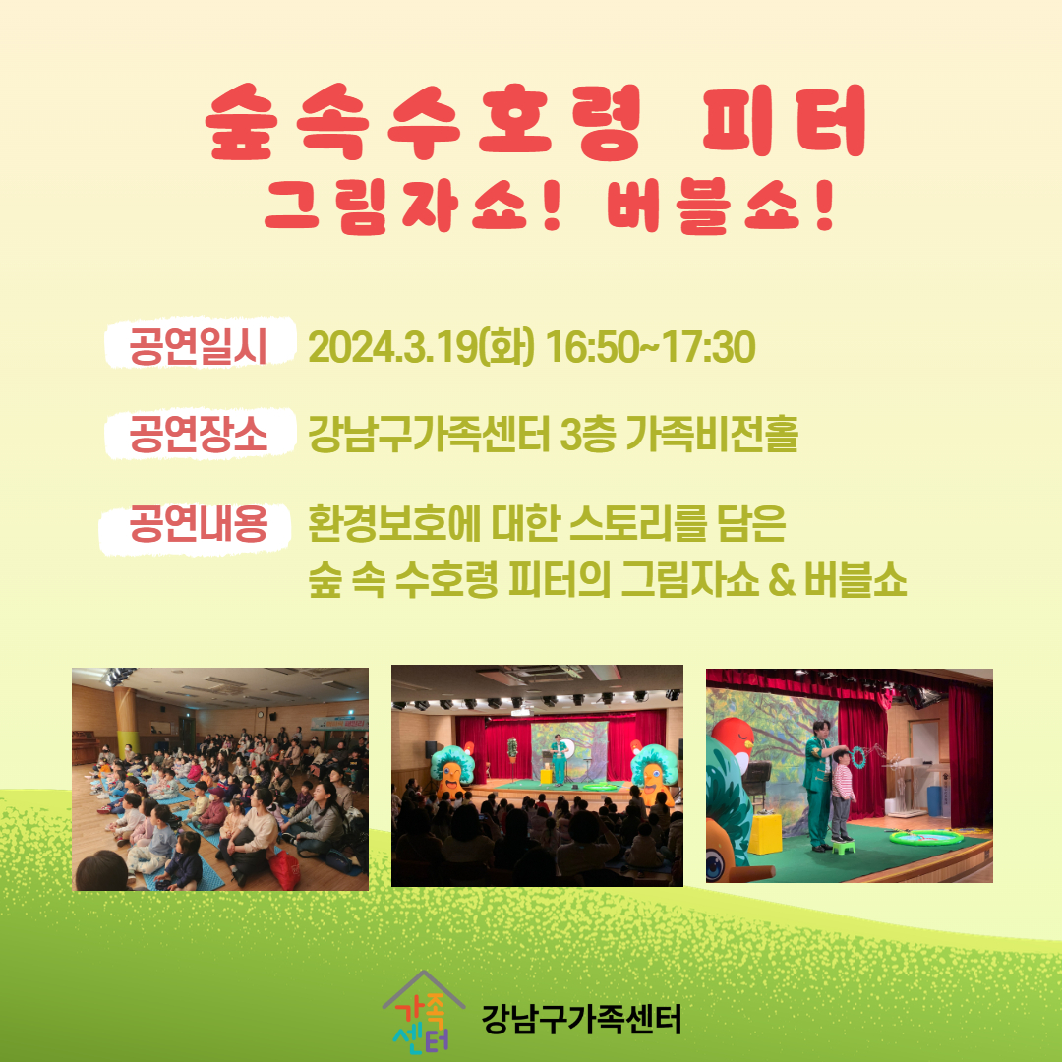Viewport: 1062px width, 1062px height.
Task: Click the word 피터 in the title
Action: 785,121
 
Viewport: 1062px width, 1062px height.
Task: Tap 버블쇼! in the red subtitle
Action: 721,206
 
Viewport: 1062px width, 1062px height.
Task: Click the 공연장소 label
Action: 198,434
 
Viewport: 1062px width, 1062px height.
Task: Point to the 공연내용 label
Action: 198,524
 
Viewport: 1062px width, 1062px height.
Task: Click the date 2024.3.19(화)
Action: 421,347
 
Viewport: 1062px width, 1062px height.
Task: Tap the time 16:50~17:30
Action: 650,347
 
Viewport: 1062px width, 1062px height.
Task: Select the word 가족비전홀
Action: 712,434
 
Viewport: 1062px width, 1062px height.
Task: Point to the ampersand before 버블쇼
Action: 781,581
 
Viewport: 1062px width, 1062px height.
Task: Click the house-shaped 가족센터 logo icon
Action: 423,1012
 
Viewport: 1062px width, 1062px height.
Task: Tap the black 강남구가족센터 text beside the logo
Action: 581,1019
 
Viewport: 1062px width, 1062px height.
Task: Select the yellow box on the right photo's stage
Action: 765,834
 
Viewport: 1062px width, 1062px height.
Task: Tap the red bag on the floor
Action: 286,870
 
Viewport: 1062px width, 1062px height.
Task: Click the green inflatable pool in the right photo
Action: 925,837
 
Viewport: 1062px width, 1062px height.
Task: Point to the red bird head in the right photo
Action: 733,741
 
